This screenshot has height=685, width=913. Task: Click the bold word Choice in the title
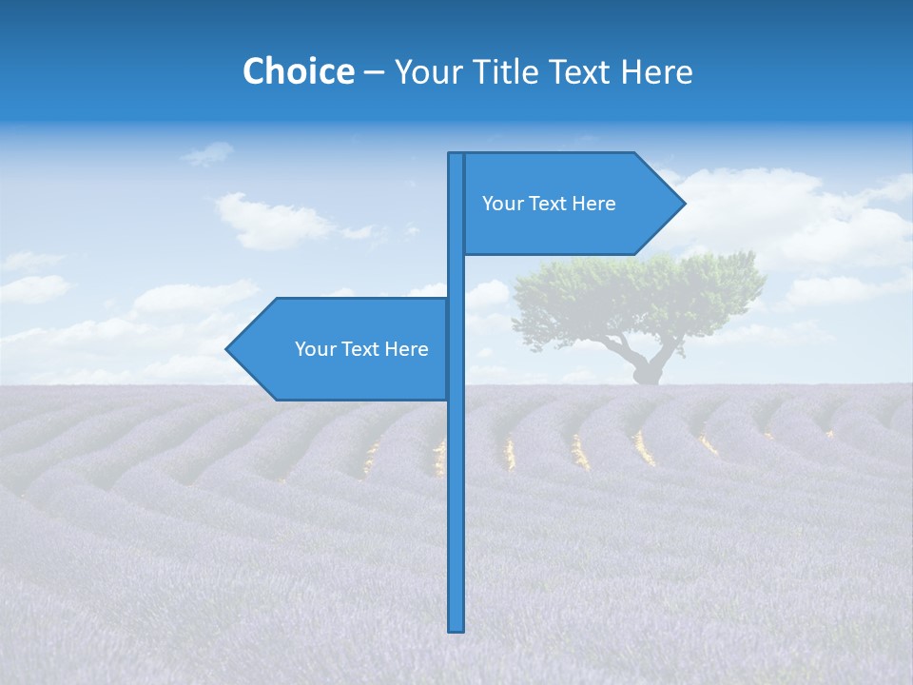298,71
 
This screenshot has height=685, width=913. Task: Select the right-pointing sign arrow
571,204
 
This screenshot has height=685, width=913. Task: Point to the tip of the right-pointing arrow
683,204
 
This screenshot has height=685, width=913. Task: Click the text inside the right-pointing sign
549,204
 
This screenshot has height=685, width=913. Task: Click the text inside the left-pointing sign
361,349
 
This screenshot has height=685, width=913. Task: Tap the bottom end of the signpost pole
456,628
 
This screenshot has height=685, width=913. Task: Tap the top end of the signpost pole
456,156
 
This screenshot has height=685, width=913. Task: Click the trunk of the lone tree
649,366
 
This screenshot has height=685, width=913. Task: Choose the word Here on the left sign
406,349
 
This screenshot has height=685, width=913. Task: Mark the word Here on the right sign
593,204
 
